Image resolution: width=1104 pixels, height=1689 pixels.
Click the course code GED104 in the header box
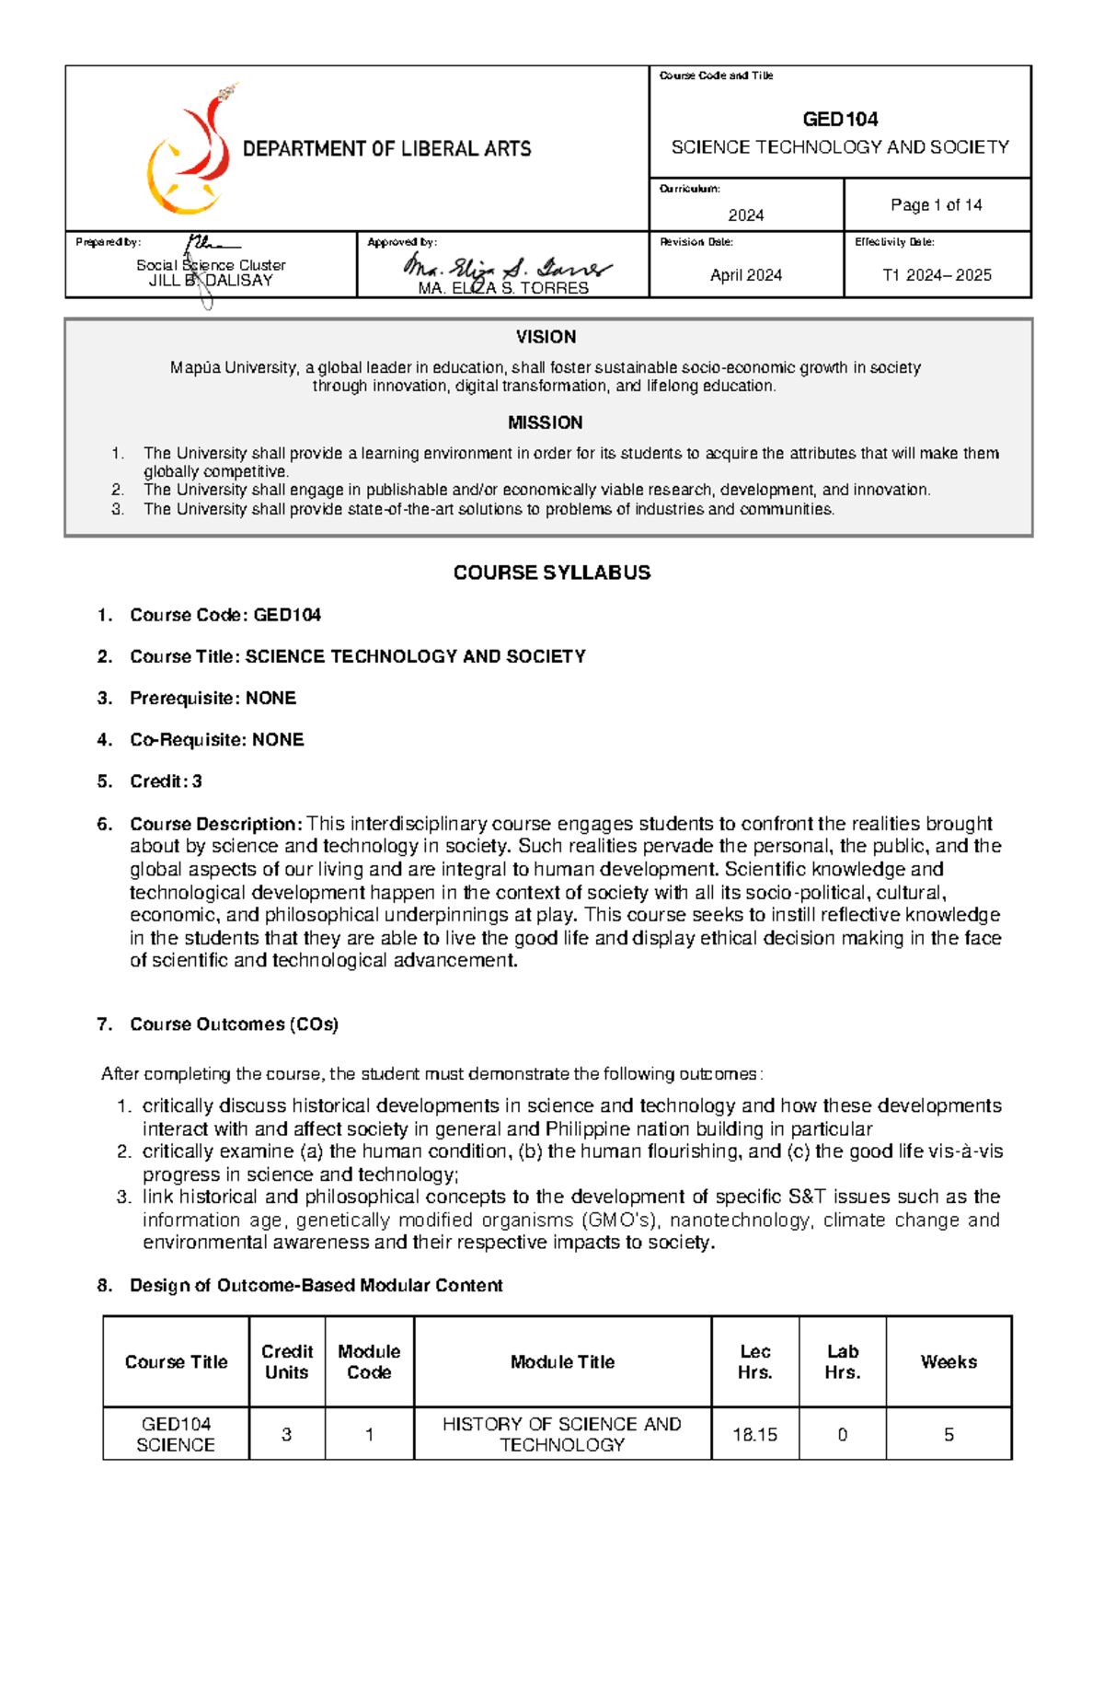[x=840, y=119]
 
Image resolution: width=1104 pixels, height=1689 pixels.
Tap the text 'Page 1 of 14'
[x=936, y=205]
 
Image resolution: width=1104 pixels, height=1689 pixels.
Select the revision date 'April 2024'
[x=745, y=275]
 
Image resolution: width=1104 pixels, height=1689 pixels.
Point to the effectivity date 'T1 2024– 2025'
[x=937, y=275]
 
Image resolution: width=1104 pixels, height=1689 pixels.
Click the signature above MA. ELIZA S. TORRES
[x=506, y=268]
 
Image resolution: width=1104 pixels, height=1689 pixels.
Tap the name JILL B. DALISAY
[x=211, y=281]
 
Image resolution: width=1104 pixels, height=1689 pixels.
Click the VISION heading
[x=546, y=337]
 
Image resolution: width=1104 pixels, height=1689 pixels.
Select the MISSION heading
[x=546, y=422]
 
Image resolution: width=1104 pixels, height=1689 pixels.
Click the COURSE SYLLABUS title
[x=551, y=573]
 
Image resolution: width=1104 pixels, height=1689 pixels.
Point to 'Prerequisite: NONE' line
[x=213, y=698]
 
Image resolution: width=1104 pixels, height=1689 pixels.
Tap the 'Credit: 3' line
[x=166, y=781]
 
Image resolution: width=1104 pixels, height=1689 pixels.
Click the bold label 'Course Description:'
[x=215, y=824]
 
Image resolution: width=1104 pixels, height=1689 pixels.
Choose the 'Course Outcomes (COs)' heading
[x=234, y=1024]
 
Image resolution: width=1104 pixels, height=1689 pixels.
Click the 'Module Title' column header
[x=562, y=1361]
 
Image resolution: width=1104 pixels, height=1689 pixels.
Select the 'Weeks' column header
[x=949, y=1361]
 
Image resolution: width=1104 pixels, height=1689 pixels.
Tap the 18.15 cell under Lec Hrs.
[x=754, y=1434]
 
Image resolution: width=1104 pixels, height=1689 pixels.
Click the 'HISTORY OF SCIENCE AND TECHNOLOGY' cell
[x=562, y=1434]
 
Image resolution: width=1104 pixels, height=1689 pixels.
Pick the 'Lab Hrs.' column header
[x=842, y=1361]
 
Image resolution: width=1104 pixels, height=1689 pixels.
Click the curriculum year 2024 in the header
[x=745, y=215]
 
